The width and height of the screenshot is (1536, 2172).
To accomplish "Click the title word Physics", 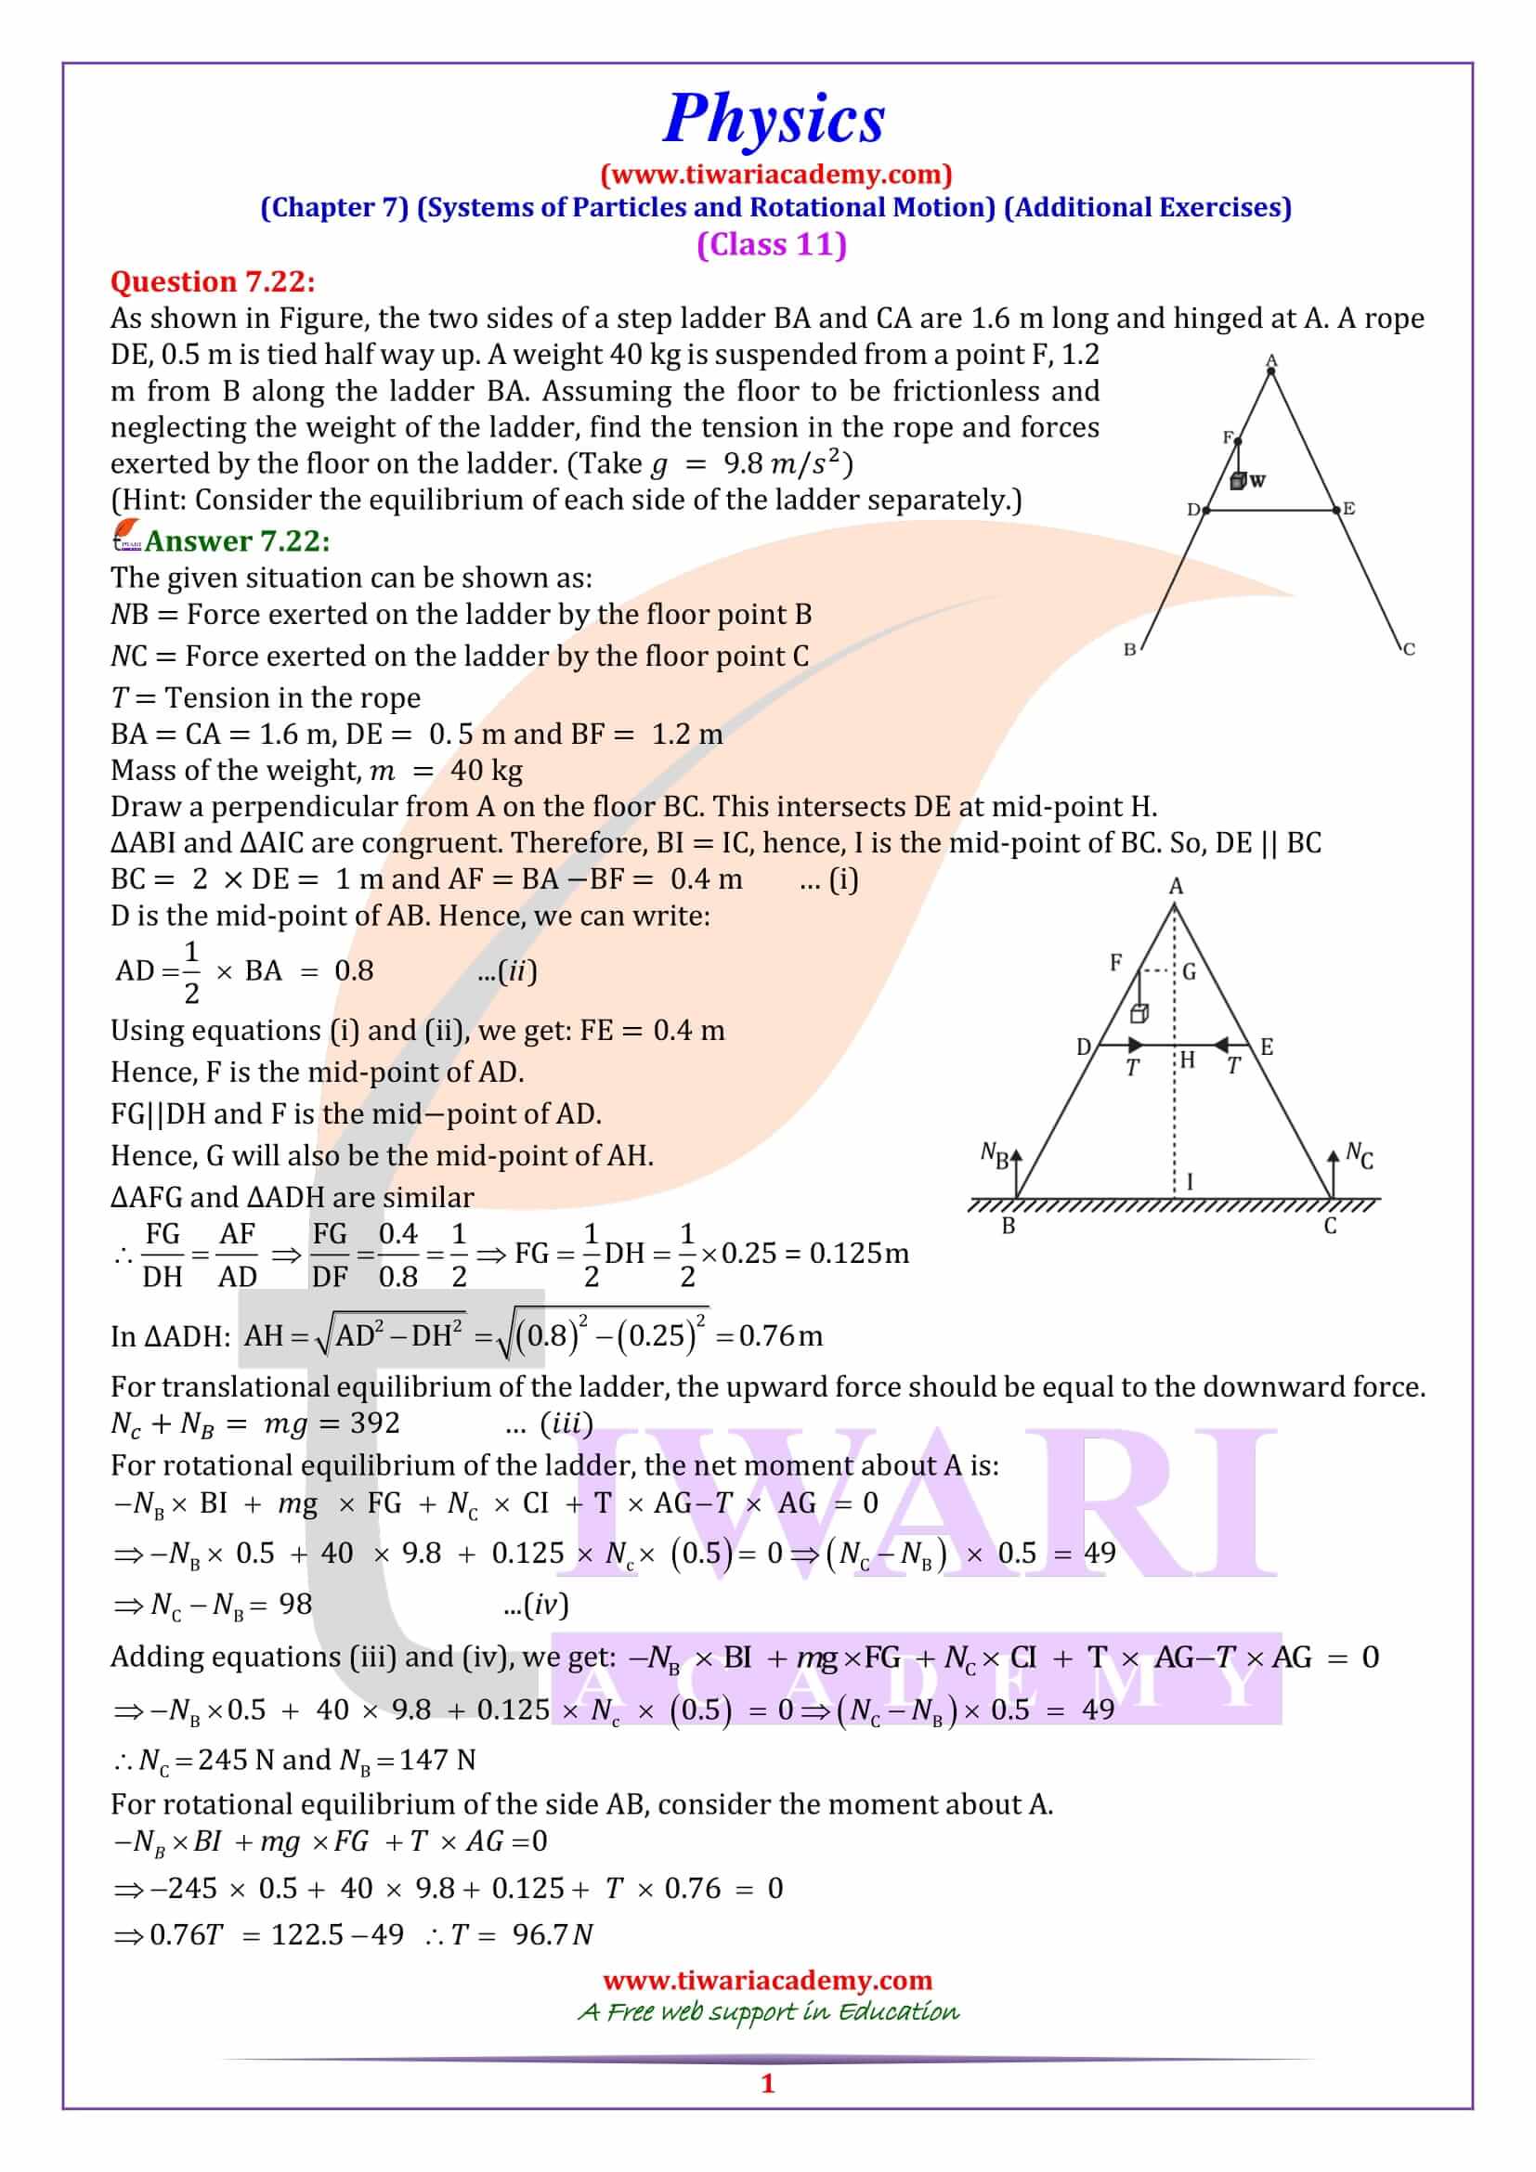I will tap(773, 120).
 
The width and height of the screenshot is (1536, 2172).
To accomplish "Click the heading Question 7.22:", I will tap(213, 282).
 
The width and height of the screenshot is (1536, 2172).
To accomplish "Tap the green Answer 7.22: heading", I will tap(237, 541).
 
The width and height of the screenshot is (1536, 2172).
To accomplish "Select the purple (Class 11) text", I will tap(771, 244).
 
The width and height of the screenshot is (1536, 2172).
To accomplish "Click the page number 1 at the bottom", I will tap(767, 2083).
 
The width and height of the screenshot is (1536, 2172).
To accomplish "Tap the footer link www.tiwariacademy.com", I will tap(767, 1980).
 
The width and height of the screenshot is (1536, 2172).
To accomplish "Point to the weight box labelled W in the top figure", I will tap(1238, 482).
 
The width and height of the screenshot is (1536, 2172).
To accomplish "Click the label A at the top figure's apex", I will tap(1271, 359).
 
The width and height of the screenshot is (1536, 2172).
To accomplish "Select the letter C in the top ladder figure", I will tap(1409, 649).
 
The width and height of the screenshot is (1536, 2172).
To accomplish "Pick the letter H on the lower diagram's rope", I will tap(1187, 1060).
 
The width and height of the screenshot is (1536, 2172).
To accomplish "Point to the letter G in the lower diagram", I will tap(1189, 971).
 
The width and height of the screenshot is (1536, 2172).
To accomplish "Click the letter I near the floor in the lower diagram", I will tap(1189, 1181).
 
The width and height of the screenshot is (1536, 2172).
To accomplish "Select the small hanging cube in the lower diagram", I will tap(1139, 1014).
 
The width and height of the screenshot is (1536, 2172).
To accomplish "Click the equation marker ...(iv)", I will tap(536, 1605).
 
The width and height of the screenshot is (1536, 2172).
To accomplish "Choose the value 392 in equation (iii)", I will tap(374, 1424).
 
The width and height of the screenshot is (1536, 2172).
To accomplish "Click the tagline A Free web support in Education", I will tap(768, 2011).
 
